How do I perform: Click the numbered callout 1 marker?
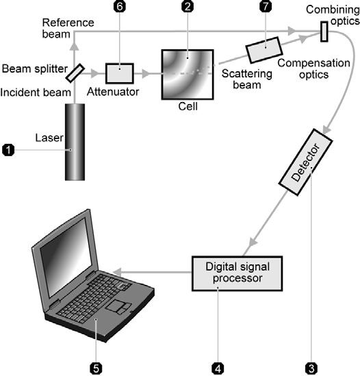tap(8, 150)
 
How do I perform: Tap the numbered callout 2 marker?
tap(188, 6)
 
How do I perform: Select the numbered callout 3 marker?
tap(311, 368)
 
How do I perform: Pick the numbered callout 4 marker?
tap(218, 368)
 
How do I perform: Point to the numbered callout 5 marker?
tap(96, 368)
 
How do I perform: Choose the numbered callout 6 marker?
tap(120, 6)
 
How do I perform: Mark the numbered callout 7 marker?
tap(266, 6)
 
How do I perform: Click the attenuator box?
tap(120, 73)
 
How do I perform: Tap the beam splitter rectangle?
tap(75, 73)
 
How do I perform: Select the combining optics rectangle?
tap(324, 32)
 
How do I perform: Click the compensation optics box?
tap(264, 50)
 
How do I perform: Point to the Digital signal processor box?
tap(237, 273)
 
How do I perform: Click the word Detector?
tap(306, 162)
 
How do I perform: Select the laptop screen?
tap(66, 258)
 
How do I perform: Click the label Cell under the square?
tap(188, 106)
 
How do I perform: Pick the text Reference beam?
tap(68, 28)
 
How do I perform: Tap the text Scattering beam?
tap(247, 79)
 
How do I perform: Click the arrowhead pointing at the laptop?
tap(118, 272)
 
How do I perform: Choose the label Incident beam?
tap(36, 92)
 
